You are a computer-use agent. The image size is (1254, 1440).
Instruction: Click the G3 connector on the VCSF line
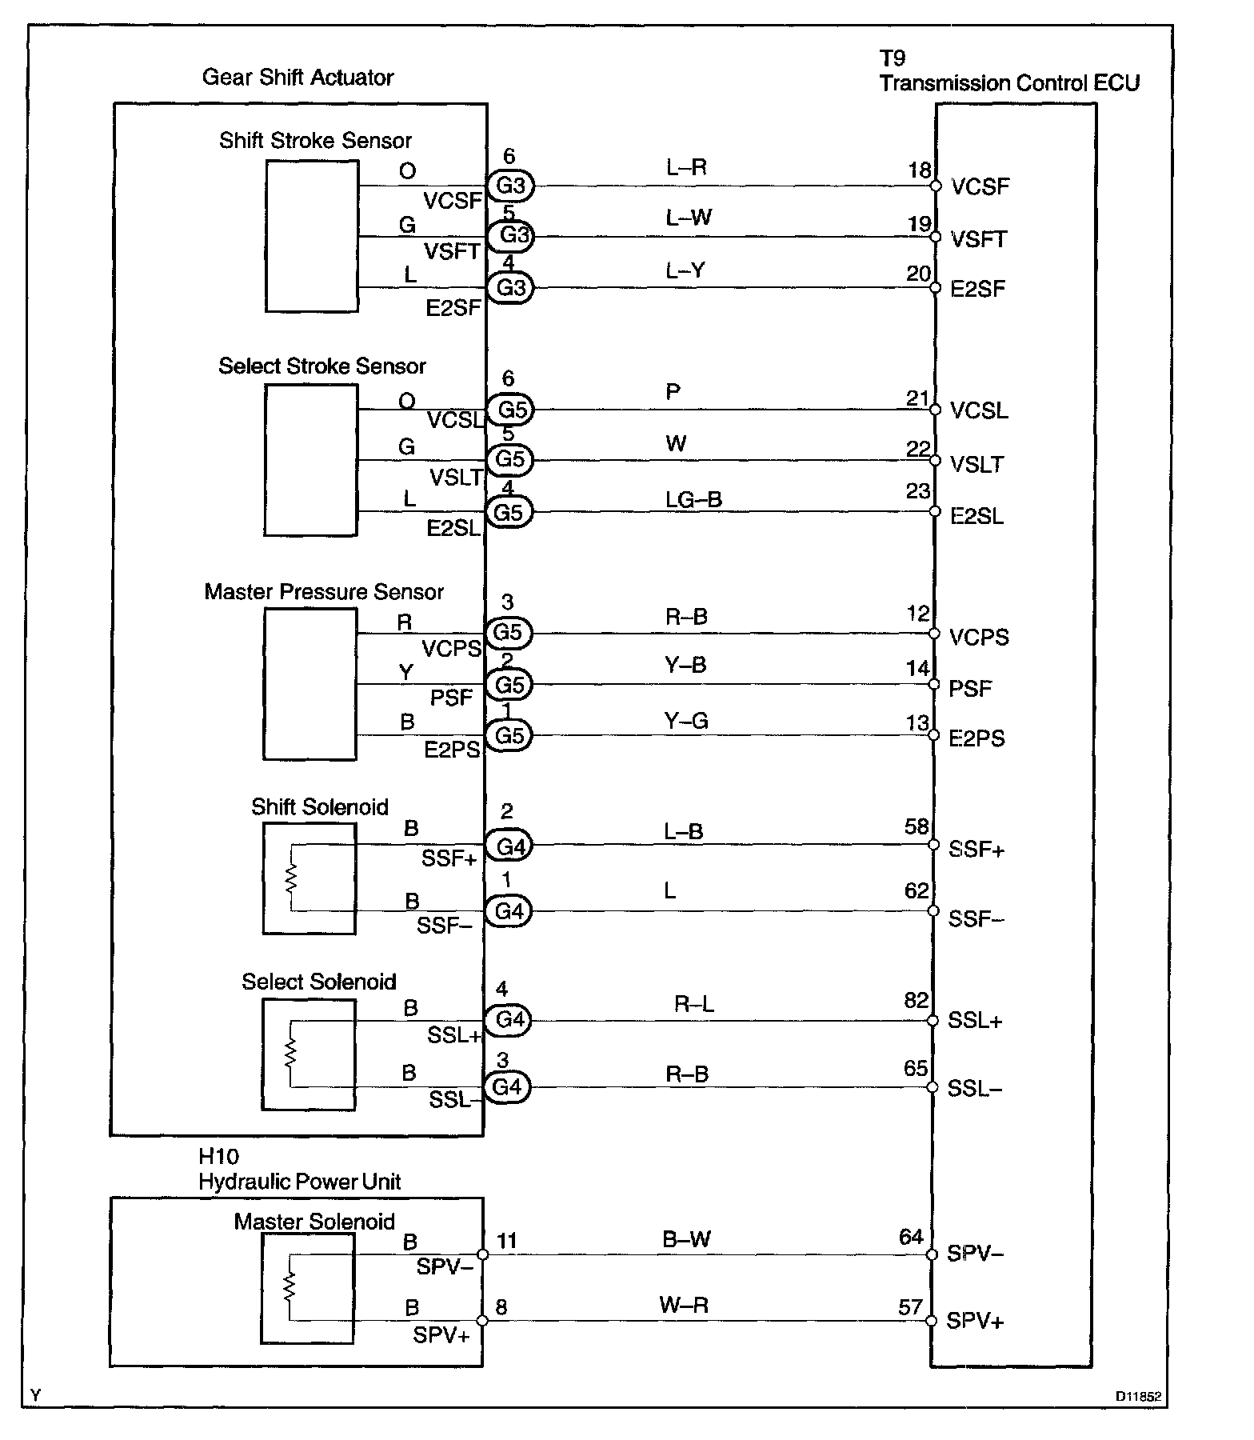[510, 186]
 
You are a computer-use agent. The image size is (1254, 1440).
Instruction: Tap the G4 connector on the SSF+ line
[509, 846]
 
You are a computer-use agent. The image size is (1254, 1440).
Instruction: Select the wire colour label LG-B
[693, 500]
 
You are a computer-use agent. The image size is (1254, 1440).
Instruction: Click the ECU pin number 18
[920, 170]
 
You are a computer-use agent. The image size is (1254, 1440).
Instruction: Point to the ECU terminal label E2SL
[976, 516]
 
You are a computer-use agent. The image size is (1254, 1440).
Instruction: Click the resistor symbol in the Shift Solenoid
[291, 878]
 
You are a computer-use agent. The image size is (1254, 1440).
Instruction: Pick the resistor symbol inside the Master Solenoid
[290, 1287]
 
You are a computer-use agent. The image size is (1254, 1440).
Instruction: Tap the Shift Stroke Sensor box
[312, 236]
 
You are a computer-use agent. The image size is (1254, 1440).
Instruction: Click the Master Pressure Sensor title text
[324, 592]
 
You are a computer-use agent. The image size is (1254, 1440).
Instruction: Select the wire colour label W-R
[684, 1306]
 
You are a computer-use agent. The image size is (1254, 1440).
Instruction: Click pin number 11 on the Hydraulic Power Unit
[507, 1241]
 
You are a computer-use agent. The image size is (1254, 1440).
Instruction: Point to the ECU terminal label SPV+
[975, 1321]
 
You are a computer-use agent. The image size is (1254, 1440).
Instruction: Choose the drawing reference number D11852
[1139, 1397]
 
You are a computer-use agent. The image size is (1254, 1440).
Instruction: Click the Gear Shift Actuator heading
[298, 78]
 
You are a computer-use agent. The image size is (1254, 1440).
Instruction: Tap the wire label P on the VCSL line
[673, 392]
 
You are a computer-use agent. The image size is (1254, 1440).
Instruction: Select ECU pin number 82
[917, 1000]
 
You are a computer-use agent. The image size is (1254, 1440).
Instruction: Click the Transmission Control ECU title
[1009, 83]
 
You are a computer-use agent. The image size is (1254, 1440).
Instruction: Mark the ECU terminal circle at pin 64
[932, 1255]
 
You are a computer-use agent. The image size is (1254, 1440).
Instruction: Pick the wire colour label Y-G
[686, 722]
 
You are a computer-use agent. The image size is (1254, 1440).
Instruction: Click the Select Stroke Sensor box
[311, 461]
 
